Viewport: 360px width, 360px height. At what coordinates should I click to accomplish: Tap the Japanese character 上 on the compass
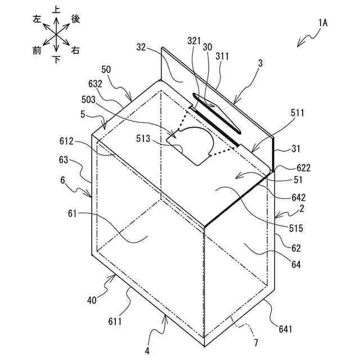coord(56,10)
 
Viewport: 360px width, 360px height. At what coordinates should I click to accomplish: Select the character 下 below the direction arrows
coord(56,59)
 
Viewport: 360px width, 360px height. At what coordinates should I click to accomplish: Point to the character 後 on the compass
coord(75,19)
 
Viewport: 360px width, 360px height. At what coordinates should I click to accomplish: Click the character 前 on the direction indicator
coord(37,51)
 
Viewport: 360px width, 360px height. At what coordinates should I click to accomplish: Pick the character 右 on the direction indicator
coord(75,51)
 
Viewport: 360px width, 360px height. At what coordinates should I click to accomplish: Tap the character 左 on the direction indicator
coord(38,19)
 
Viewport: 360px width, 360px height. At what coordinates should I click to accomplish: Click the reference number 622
coord(303,168)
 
